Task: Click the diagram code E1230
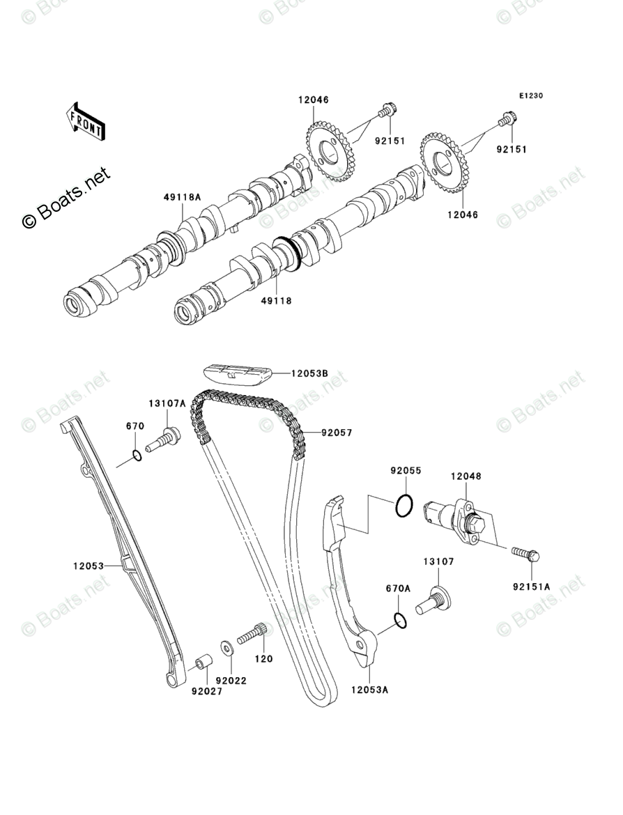click(x=530, y=96)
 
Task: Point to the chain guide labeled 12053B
click(x=237, y=375)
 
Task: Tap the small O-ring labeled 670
click(x=137, y=457)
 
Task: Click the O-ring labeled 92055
click(x=403, y=506)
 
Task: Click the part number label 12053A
click(x=369, y=690)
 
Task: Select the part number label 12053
click(x=88, y=566)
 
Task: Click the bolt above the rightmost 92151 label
click(x=506, y=121)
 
